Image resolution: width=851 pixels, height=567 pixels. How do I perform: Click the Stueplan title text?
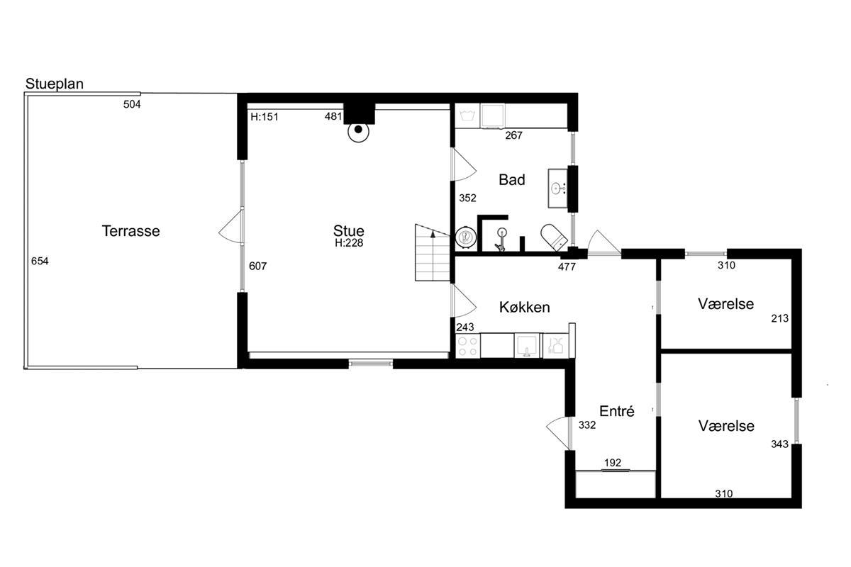[x=55, y=84]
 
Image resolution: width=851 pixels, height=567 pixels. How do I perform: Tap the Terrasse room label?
[x=130, y=231]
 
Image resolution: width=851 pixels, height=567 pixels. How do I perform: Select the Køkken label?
[x=524, y=307]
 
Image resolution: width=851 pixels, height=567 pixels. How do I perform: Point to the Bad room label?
[x=512, y=179]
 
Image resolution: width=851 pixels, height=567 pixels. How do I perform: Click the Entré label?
[x=616, y=411]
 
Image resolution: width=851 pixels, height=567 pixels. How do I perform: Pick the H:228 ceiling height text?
[x=349, y=243]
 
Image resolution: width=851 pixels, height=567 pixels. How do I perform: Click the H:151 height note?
[x=265, y=117]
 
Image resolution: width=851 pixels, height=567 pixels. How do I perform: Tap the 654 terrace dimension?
[x=40, y=261]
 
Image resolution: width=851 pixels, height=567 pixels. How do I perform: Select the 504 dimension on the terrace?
[x=132, y=104]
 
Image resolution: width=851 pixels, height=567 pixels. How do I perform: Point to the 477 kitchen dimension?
[x=567, y=267]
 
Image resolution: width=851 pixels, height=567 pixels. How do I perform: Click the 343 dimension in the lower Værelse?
[x=779, y=444]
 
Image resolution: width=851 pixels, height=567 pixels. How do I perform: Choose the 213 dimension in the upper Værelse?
[x=779, y=318]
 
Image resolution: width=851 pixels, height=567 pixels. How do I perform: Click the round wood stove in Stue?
[x=358, y=131]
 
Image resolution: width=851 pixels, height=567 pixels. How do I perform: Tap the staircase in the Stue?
[x=433, y=252]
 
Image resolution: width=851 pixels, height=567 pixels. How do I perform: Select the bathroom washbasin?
[x=557, y=189]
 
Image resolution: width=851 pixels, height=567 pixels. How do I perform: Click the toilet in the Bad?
[x=555, y=237]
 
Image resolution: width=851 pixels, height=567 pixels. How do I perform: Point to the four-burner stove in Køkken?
[x=467, y=346]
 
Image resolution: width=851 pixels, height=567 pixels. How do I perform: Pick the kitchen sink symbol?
[x=526, y=346]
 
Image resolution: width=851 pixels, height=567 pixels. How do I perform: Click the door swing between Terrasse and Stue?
[x=230, y=226]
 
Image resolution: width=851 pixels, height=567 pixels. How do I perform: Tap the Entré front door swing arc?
[x=559, y=433]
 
